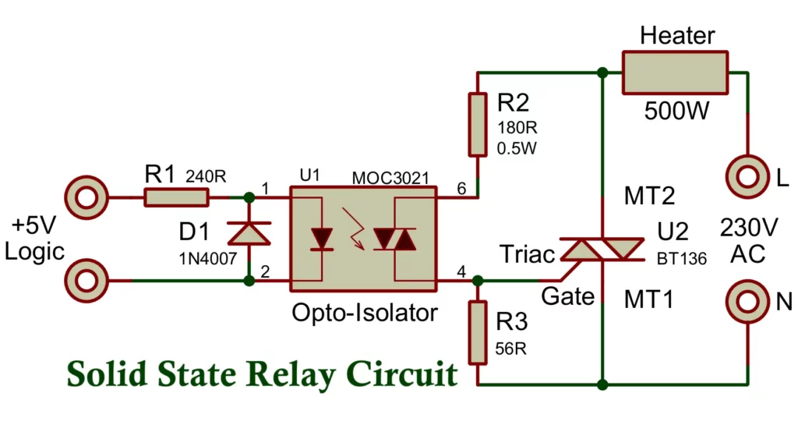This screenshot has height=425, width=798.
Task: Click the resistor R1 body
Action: (176, 198)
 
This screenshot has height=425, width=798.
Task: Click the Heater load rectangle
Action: (675, 73)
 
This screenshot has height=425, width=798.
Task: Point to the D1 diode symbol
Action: (249, 233)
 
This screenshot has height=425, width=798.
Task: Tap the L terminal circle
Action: (747, 177)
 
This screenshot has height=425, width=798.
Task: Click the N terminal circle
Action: (747, 302)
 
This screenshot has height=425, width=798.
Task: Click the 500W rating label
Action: (677, 111)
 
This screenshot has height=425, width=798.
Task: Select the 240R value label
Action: (206, 177)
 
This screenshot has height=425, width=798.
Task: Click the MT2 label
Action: (649, 195)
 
